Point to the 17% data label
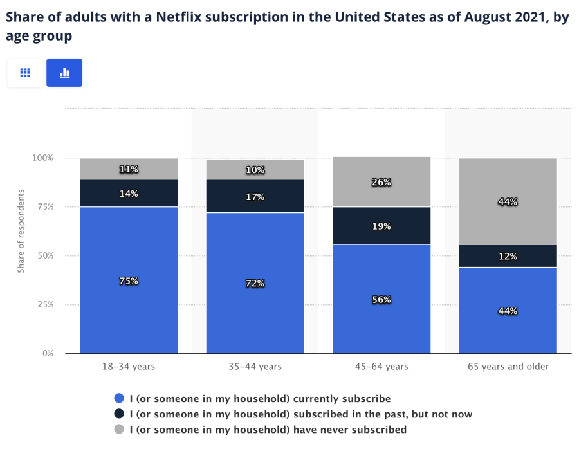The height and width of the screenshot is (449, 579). coord(255,197)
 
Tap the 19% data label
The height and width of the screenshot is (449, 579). coord(381,226)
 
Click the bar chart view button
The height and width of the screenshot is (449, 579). coord(64,73)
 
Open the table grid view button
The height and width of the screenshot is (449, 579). coord(26,73)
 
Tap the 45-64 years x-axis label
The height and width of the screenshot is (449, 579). coord(381,367)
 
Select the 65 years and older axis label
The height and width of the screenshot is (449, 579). coord(508,367)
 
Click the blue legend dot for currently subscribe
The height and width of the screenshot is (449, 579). coord(118,399)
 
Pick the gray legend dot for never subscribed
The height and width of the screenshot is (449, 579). coord(118,429)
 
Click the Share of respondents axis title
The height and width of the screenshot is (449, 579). coord(21,231)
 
